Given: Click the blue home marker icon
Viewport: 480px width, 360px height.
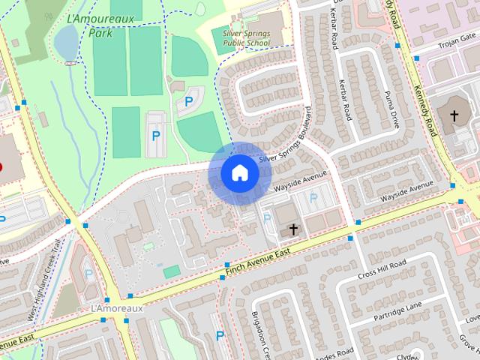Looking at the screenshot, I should pyautogui.click(x=239, y=173).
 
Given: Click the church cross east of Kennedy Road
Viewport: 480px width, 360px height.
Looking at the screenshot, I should pyautogui.click(x=454, y=115).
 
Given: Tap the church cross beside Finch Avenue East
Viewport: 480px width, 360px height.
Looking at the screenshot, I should pyautogui.click(x=293, y=228).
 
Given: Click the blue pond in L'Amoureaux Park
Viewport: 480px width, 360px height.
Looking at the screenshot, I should pyautogui.click(x=65, y=42).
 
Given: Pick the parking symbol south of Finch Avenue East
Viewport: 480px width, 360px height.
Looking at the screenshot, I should pyautogui.click(x=220, y=336).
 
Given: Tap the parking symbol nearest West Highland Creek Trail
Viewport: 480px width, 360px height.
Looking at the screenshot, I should pyautogui.click(x=88, y=274).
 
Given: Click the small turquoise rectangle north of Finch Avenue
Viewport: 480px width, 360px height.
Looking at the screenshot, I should pyautogui.click(x=172, y=271).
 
